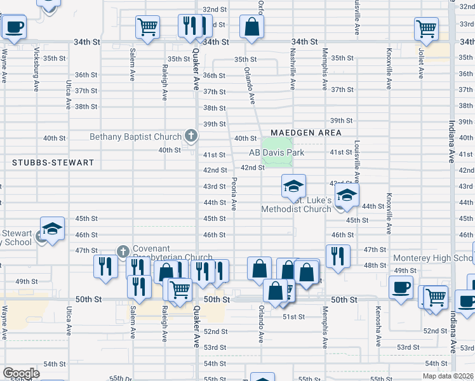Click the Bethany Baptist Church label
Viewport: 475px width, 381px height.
[x=136, y=137]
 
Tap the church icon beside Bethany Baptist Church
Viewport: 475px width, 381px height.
[x=190, y=135]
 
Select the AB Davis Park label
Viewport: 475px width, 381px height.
[x=276, y=153]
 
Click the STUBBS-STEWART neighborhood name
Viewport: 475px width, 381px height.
[x=53, y=163]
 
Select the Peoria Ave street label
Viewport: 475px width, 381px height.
[x=234, y=194]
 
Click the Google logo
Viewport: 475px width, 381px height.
[x=21, y=373]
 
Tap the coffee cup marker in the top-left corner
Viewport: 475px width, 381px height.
[x=14, y=28]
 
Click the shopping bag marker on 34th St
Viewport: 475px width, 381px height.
[x=252, y=27]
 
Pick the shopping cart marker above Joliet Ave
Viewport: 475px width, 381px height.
[x=426, y=29]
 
